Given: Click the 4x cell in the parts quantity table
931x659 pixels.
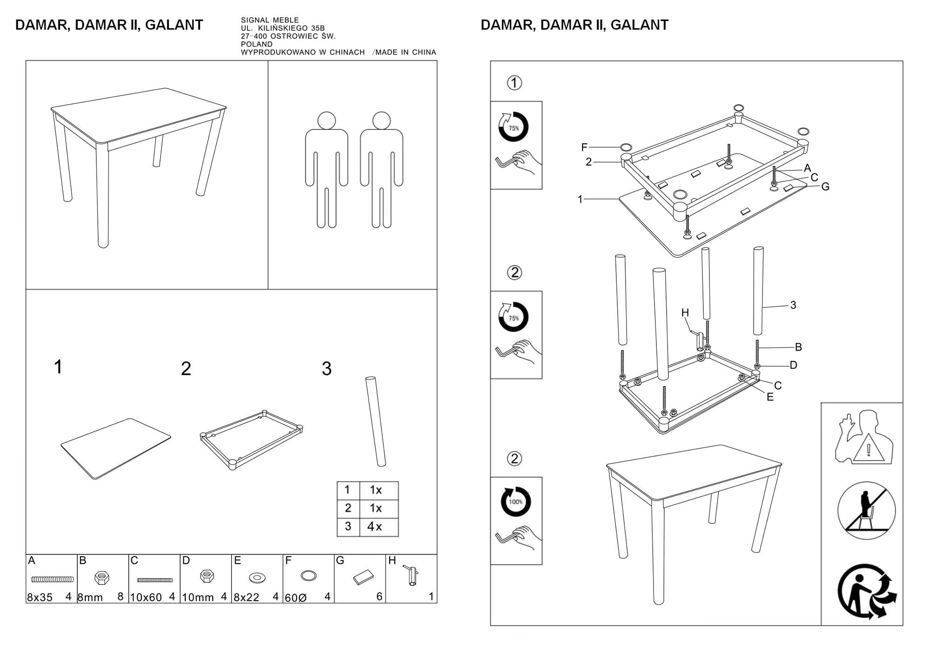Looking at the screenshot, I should [375, 527].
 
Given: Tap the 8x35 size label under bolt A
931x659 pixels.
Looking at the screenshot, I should [40, 597].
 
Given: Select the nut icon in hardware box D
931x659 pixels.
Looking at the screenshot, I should [207, 577].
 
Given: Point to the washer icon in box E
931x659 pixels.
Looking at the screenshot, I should [256, 578].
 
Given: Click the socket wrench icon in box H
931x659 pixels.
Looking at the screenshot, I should [412, 576].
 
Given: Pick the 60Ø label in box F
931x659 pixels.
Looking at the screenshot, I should [296, 598].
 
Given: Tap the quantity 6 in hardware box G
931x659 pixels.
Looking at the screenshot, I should [379, 597].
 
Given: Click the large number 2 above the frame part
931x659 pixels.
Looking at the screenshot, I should [186, 369].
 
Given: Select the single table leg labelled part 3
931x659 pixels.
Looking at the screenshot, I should [376, 421].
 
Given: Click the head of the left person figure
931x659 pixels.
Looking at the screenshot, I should [326, 121].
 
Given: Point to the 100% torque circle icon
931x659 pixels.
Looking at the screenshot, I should [515, 502].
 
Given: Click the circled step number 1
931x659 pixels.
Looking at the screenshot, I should [514, 83].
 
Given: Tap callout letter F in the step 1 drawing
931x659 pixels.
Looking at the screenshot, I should [584, 147].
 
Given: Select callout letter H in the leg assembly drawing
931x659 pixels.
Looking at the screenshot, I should [685, 313].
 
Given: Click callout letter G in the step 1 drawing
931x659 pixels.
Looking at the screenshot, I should [825, 186].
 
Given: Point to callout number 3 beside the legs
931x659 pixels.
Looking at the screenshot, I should [793, 305].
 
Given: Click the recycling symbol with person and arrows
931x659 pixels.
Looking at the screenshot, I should [866, 591].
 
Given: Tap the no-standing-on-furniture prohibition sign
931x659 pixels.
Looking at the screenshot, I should [866, 510].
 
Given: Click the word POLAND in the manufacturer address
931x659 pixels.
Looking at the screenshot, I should [256, 44].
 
